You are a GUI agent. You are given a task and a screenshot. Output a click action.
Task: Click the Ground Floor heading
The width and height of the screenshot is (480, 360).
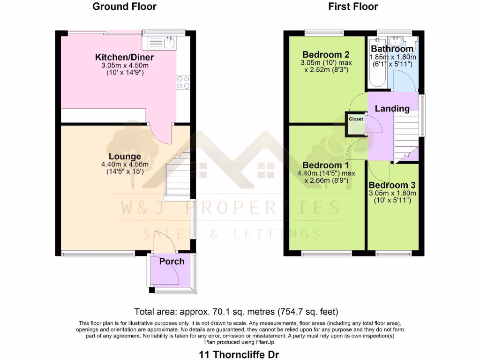tap(124, 7)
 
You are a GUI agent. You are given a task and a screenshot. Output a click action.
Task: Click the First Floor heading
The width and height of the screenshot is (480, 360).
tap(353, 7)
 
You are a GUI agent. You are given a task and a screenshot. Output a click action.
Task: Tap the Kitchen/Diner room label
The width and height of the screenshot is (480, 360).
tap(124, 57)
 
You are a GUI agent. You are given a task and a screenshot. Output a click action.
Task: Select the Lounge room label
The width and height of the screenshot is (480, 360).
tap(125, 157)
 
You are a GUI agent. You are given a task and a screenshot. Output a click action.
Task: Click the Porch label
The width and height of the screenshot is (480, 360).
tap(172, 261)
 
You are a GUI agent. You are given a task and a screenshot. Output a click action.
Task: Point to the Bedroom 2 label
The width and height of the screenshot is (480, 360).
tap(326, 54)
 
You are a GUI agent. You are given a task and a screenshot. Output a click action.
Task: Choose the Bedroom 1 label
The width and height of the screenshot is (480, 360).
tap(326, 165)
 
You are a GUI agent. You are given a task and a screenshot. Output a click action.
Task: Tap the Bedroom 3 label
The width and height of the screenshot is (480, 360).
tap(392, 185)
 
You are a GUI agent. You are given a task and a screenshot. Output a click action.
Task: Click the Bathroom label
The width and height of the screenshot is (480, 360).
tap(392, 49)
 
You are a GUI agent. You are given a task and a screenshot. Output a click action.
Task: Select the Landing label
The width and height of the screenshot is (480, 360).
tap(392, 109)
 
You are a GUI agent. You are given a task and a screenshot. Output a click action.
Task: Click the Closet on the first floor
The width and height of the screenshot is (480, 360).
tap(356, 120)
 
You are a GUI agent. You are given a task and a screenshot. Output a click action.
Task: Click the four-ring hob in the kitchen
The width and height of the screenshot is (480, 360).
tap(183, 82)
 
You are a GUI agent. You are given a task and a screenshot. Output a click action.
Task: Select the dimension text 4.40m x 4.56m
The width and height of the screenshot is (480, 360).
tap(125, 165)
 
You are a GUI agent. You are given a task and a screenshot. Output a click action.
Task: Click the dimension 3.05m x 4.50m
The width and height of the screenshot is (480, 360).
tap(124, 65)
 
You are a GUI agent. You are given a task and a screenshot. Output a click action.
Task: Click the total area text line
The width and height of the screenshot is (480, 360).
tap(236, 312)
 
